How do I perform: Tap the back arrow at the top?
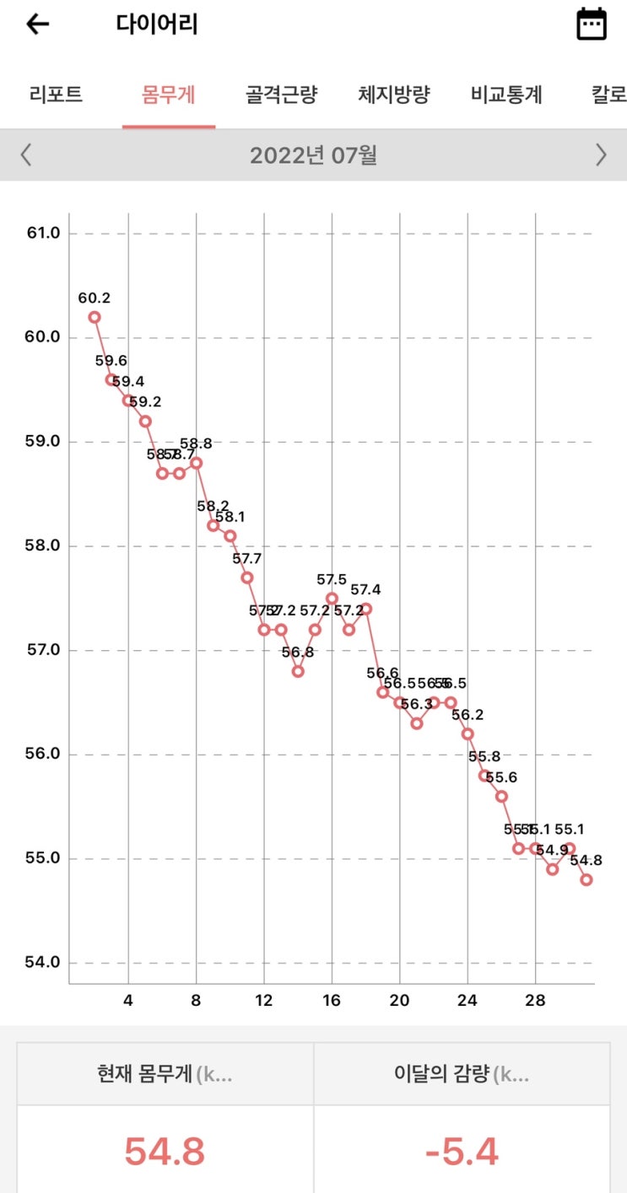point(38,24)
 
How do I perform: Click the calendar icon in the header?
point(591,24)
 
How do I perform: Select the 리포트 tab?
point(56,94)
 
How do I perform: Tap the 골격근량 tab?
point(281,94)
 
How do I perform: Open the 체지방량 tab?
point(394,94)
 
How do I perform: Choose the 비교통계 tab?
point(506,94)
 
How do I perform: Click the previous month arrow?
point(26,155)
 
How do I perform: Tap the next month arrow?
point(601,155)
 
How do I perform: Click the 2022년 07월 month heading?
point(313,155)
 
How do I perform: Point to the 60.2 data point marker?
point(95,317)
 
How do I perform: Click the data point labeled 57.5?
point(332,598)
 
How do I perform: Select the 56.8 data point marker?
point(298,671)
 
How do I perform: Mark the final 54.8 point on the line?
point(586,879)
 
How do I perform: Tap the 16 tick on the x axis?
point(332,1000)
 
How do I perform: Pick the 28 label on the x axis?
point(535,1000)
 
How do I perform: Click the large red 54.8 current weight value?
point(165,1152)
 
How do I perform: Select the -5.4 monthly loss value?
point(462,1152)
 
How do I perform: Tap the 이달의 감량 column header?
point(462,1074)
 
